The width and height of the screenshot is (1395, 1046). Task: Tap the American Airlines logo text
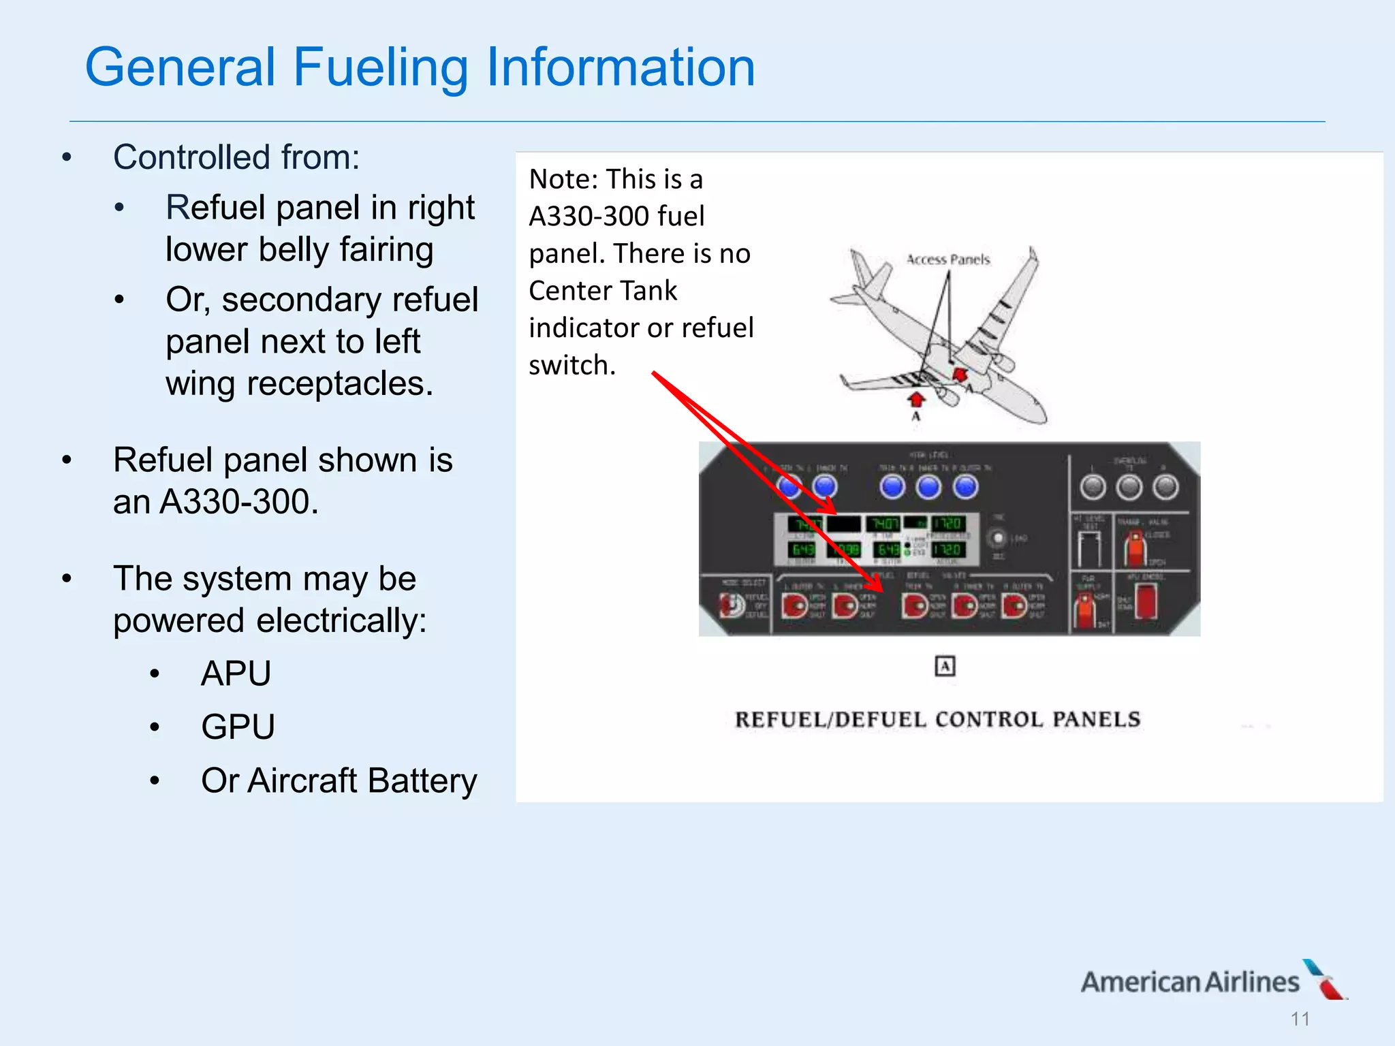(x=1189, y=982)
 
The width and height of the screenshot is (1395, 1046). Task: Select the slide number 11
(x=1300, y=1019)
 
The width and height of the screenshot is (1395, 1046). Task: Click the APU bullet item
(x=236, y=673)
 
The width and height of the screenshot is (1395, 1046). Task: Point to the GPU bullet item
(x=238, y=727)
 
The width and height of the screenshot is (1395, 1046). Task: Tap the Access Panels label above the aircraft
(x=947, y=259)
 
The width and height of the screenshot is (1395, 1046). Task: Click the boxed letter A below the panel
(x=945, y=666)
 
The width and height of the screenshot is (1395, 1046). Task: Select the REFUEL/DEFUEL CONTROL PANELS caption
(x=937, y=720)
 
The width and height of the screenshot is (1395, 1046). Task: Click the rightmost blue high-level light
(x=965, y=487)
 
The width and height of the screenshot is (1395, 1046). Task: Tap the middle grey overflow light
(x=1129, y=487)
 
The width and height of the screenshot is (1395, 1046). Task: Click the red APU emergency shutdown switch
(x=1146, y=600)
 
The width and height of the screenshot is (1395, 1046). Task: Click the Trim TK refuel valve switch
(x=913, y=605)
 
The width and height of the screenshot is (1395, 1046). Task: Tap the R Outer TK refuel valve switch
(x=1014, y=605)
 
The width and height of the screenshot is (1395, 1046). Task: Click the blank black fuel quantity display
(x=844, y=524)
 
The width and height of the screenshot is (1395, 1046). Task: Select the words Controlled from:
(x=236, y=157)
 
